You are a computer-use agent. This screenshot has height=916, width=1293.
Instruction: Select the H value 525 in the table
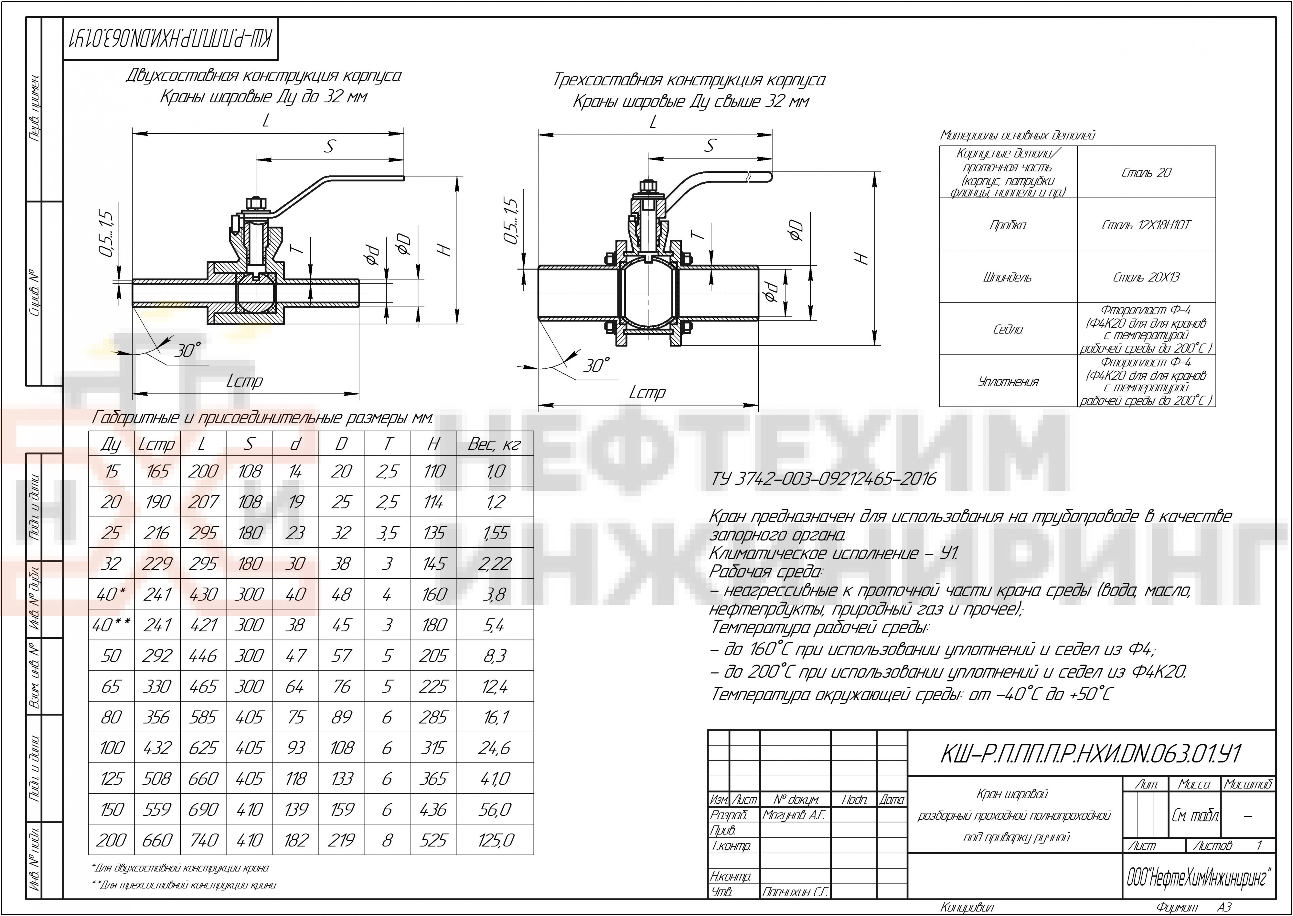[x=433, y=840]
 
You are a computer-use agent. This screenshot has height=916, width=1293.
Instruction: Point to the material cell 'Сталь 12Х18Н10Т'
[x=1146, y=225]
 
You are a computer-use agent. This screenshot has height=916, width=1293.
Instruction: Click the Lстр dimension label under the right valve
[x=647, y=393]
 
